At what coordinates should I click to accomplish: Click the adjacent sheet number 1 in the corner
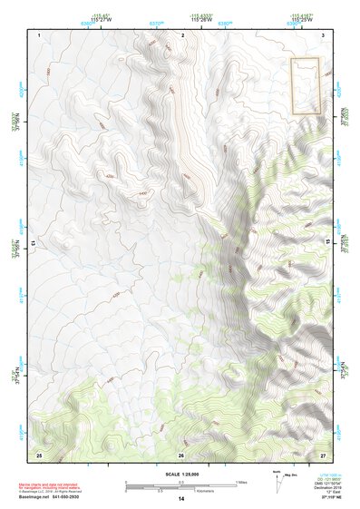[x=40, y=34]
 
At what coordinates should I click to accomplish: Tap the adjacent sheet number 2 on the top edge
[x=182, y=34]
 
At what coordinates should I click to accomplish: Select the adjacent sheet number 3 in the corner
[x=324, y=34]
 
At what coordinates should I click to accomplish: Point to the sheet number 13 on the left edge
[x=34, y=243]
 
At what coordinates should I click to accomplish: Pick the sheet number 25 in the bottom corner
[x=39, y=454]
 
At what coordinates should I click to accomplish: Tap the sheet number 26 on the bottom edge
[x=181, y=454]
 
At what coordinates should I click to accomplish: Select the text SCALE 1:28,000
[x=180, y=475]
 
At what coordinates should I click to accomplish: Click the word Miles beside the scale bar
[x=241, y=482]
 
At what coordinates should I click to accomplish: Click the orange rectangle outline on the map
[x=306, y=85]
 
